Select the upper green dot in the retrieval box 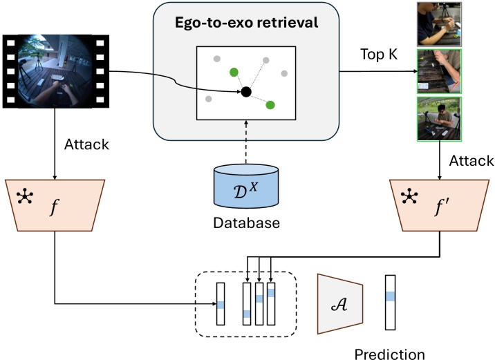pyautogui.click(x=234, y=71)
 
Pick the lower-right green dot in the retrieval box pyautogui.click(x=270, y=105)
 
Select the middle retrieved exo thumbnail pyautogui.click(x=433, y=70)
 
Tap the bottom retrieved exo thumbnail pyautogui.click(x=433, y=118)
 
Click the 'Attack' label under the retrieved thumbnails pyautogui.click(x=471, y=160)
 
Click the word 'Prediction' pyautogui.click(x=389, y=354)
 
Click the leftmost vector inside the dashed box pyautogui.click(x=221, y=303)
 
